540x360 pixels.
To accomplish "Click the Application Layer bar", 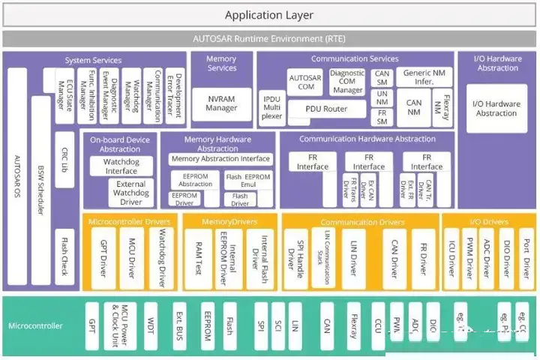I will (x=269, y=15).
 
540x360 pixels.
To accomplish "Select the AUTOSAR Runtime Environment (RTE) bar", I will (x=269, y=39).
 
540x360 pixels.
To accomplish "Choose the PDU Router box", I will (x=326, y=109).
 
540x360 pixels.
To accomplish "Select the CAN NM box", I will (x=413, y=107).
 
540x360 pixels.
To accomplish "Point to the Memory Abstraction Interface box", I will (x=220, y=159).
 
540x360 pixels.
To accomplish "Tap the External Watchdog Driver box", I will (x=130, y=193).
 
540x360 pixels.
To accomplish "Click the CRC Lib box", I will (x=64, y=150).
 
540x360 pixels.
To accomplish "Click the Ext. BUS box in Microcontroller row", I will (x=180, y=325).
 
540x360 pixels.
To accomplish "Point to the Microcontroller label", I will (x=35, y=325).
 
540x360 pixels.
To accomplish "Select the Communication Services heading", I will (x=355, y=58).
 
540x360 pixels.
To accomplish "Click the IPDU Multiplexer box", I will (x=270, y=107).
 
